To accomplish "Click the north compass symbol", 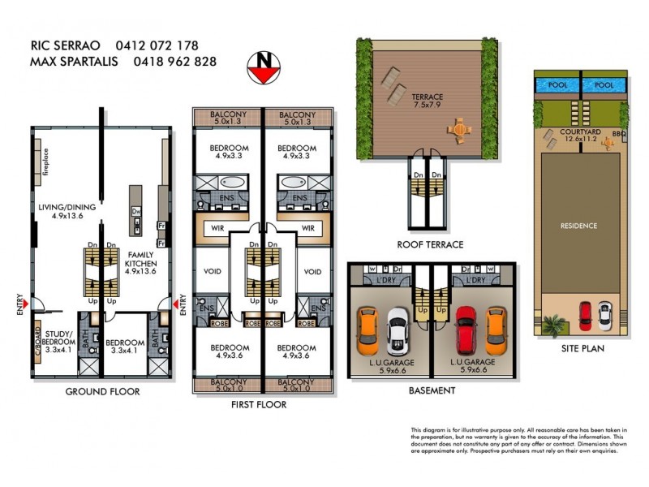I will [264, 66].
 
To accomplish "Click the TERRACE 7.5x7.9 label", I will [427, 100].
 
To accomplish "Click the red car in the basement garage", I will [466, 329].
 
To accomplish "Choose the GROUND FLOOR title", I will [102, 391].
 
